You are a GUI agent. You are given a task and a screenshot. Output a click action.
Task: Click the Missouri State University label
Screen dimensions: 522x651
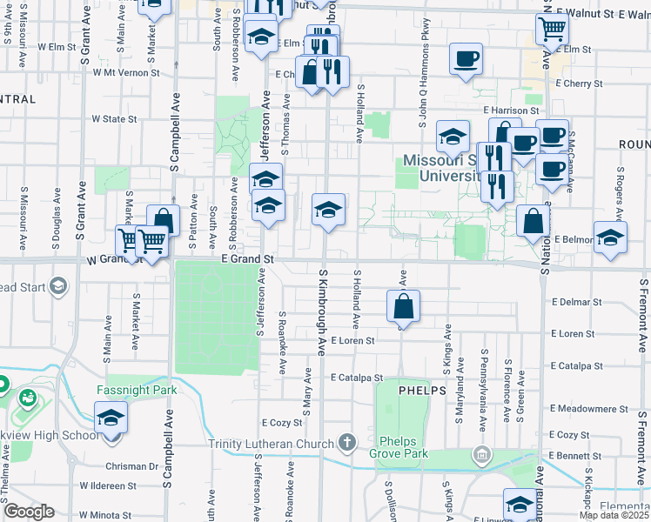coord(442,168)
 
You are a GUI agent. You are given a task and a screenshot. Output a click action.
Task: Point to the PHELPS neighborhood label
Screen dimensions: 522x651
coord(422,391)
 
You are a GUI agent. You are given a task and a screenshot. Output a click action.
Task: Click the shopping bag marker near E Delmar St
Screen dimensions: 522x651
coord(404,306)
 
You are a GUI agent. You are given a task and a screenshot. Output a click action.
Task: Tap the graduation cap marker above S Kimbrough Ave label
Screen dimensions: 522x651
coord(328,210)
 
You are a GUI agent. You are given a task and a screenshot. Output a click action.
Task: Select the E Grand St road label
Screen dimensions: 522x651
coord(248,258)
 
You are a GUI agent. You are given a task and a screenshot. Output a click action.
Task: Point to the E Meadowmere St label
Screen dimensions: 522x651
coord(589,409)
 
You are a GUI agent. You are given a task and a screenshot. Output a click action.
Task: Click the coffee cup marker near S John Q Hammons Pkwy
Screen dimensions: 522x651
coord(466,59)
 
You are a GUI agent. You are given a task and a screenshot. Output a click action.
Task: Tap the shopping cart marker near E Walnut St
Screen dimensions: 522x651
coord(553,30)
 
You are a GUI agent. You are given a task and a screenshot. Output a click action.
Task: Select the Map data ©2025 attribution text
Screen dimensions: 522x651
coord(614,515)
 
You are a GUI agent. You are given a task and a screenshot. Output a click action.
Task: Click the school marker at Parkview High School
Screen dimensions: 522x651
coord(111,418)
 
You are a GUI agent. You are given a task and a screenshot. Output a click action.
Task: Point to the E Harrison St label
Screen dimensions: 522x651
coord(512,111)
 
